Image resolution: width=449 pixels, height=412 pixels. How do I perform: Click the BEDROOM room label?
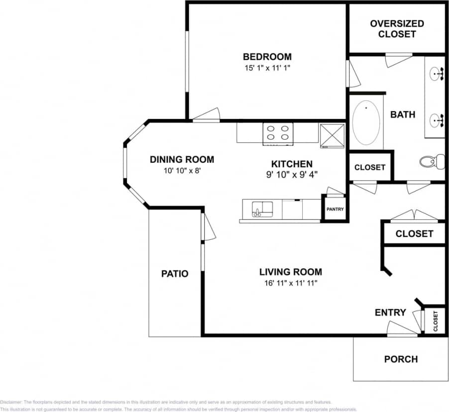tap(267, 57)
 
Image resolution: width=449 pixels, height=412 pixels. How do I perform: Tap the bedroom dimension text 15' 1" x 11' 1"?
tap(267, 68)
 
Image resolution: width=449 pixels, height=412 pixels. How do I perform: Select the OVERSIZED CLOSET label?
tap(397, 29)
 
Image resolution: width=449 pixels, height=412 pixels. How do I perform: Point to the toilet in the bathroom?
tap(431, 161)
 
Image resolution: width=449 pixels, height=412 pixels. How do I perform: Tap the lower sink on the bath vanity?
tap(437, 119)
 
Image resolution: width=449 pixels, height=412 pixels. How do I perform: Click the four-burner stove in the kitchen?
tap(278, 133)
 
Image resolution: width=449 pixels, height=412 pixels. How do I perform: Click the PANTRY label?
tap(335, 209)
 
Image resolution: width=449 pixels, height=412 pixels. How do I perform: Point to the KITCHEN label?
tap(292, 164)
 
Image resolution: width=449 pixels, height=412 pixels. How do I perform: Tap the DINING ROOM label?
tap(182, 160)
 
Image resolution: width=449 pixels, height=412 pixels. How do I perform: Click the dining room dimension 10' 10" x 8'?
tap(182, 170)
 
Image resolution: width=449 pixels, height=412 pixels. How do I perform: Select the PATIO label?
tap(175, 274)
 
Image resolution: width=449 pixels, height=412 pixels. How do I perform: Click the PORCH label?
tap(401, 359)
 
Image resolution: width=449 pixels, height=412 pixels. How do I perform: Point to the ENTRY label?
tap(390, 312)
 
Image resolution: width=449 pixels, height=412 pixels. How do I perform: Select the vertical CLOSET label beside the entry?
tap(435, 321)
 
